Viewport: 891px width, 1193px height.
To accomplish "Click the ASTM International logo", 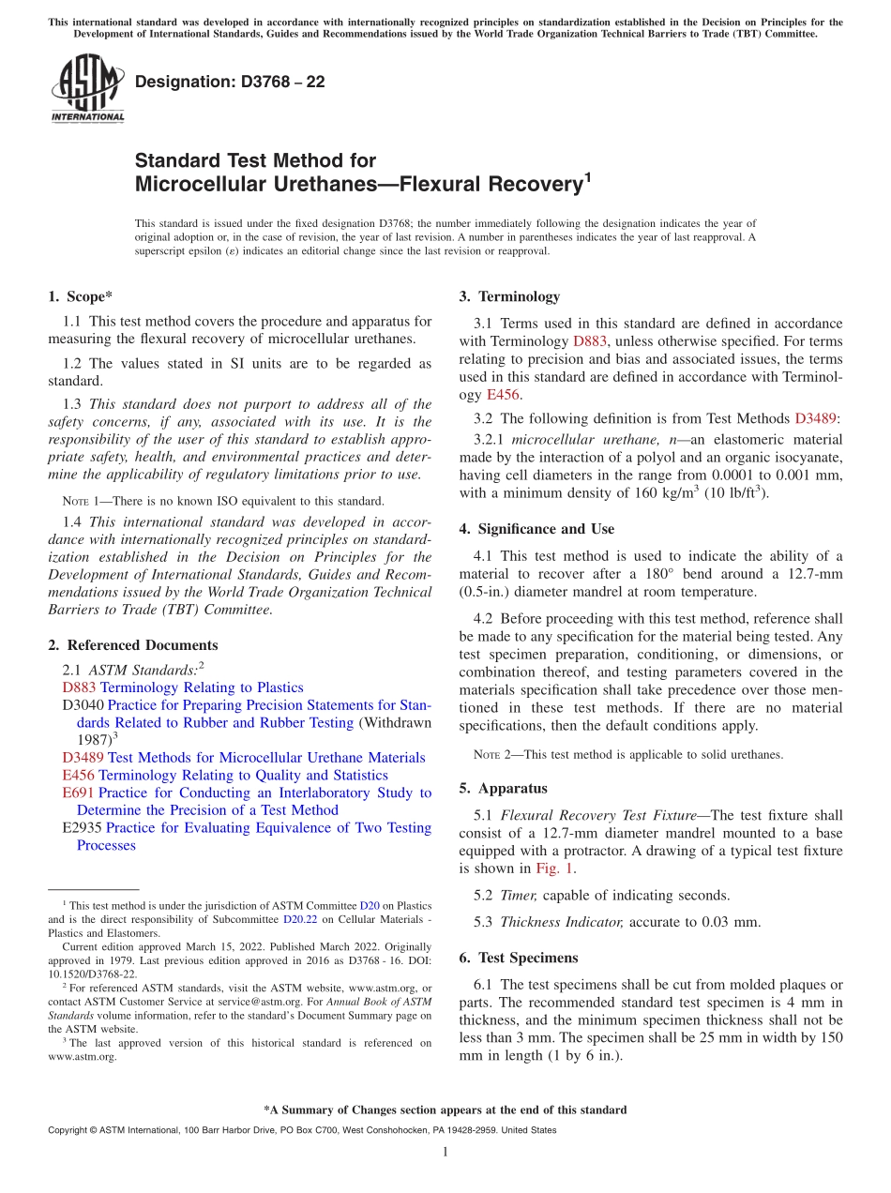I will (x=86, y=89).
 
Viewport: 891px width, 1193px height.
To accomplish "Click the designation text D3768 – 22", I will (x=230, y=82).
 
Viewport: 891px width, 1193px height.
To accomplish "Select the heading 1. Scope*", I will (x=80, y=296).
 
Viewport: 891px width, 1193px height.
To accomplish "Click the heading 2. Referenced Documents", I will (x=132, y=645).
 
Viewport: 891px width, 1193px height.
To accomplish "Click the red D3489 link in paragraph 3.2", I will (x=815, y=418).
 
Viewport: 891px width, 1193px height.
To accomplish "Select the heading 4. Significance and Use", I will (x=536, y=529).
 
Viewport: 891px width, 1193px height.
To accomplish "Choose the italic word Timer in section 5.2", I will (x=518, y=895).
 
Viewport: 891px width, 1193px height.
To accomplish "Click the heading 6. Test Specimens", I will (x=518, y=958).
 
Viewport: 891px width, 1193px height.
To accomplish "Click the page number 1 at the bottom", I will (x=445, y=1152).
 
